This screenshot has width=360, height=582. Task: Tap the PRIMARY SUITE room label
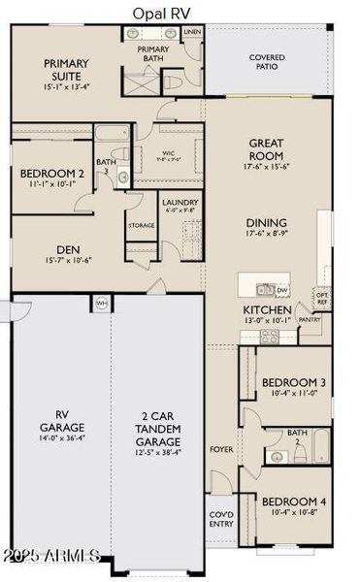point(68,69)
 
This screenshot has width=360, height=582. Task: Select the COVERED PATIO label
point(267,62)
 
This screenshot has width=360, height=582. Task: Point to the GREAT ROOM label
point(266,149)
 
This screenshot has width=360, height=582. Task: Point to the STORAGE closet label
point(141,226)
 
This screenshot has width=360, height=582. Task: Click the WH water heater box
point(101,303)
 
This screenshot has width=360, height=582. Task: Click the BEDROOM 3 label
point(293,381)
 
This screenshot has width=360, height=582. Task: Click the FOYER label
point(222,449)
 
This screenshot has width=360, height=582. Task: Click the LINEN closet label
point(191,32)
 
